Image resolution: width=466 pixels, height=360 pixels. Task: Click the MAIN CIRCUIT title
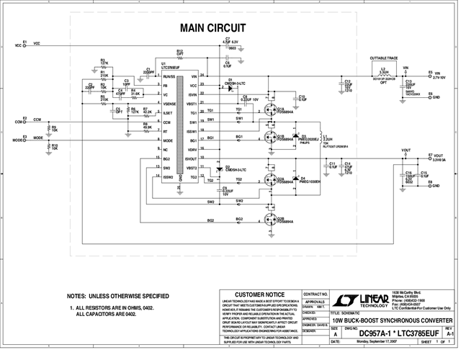[212, 28]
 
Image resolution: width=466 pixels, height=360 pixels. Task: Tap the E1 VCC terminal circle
[24, 45]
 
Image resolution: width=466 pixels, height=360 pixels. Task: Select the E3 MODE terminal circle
[24, 139]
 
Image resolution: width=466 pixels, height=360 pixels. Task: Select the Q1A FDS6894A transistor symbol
[270, 109]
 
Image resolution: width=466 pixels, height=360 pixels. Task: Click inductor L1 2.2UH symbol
[321, 136]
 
